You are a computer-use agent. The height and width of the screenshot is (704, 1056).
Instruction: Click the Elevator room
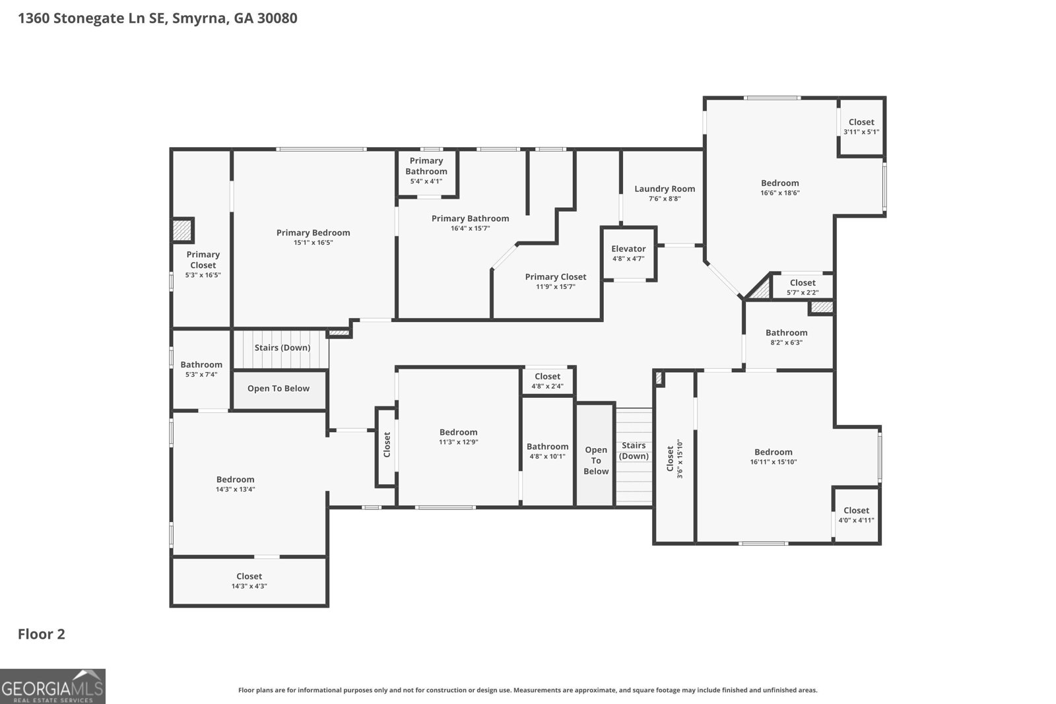coord(628,254)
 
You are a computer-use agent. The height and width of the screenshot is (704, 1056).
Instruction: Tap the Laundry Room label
coord(665,189)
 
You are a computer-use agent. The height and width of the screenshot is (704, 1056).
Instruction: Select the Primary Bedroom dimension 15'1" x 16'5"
coord(313,243)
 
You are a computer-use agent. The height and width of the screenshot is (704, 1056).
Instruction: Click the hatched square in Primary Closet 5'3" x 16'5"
coord(182,230)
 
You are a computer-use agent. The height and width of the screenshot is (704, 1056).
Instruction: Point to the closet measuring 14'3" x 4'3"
coord(249,581)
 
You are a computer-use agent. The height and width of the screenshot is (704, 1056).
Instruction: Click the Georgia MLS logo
coord(53,686)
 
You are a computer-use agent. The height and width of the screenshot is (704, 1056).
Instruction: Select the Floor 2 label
coord(41,634)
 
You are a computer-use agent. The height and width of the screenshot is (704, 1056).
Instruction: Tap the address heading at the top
coord(157,18)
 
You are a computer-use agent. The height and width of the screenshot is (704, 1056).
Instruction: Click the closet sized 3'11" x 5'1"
coord(861,127)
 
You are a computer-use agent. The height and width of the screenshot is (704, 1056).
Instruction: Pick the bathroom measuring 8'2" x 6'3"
coord(787,337)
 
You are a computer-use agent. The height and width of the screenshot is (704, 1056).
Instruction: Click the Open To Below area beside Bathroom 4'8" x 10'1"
coord(595,460)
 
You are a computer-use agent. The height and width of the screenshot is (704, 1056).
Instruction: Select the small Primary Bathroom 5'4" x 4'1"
coord(426,170)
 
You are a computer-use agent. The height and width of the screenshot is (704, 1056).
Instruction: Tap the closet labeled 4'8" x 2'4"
coord(547,381)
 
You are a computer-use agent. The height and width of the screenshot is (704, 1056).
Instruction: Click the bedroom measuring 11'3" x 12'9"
coord(458,437)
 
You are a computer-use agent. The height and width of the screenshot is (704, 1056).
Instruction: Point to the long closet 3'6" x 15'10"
coord(674,459)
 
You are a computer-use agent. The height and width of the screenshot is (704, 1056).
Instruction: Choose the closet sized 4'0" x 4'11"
coord(856,515)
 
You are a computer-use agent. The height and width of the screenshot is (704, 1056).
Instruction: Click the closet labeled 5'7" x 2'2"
coord(803,287)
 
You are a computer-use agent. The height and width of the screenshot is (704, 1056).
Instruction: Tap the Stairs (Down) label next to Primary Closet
coord(282,348)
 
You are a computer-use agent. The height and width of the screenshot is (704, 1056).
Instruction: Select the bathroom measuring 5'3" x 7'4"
coord(201,369)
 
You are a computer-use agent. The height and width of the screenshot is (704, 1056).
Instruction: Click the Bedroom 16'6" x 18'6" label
coord(779,183)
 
